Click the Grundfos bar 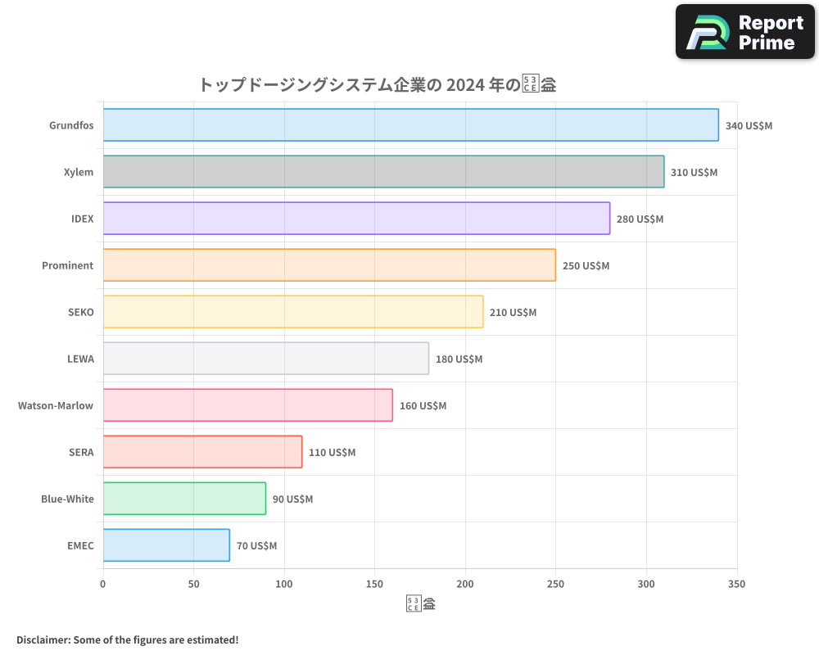point(410,125)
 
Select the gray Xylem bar point(383,172)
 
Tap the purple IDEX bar point(356,219)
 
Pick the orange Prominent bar point(329,265)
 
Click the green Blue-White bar point(184,499)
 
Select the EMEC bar point(166,545)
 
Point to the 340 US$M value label point(749,126)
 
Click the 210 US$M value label point(513,313)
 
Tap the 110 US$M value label point(332,453)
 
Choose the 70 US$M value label point(256,546)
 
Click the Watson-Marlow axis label point(56,405)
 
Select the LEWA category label point(80,359)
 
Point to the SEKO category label point(81,312)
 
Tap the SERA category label point(81,452)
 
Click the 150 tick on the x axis point(374,585)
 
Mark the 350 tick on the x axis point(736,585)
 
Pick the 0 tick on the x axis point(103,585)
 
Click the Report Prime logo point(744,32)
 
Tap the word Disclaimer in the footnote point(42,639)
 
